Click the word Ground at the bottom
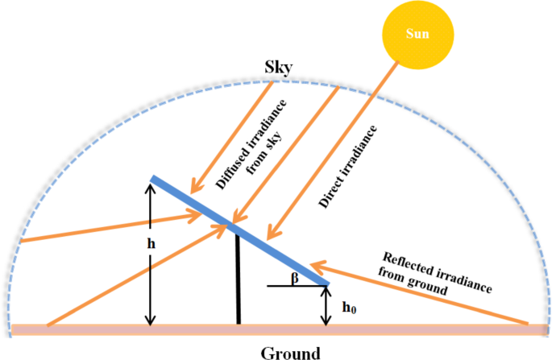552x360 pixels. (291, 352)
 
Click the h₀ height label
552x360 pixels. (350, 307)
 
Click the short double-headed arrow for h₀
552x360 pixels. (326, 306)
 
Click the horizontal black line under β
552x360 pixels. (297, 286)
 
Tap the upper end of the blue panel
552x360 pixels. (153, 179)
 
